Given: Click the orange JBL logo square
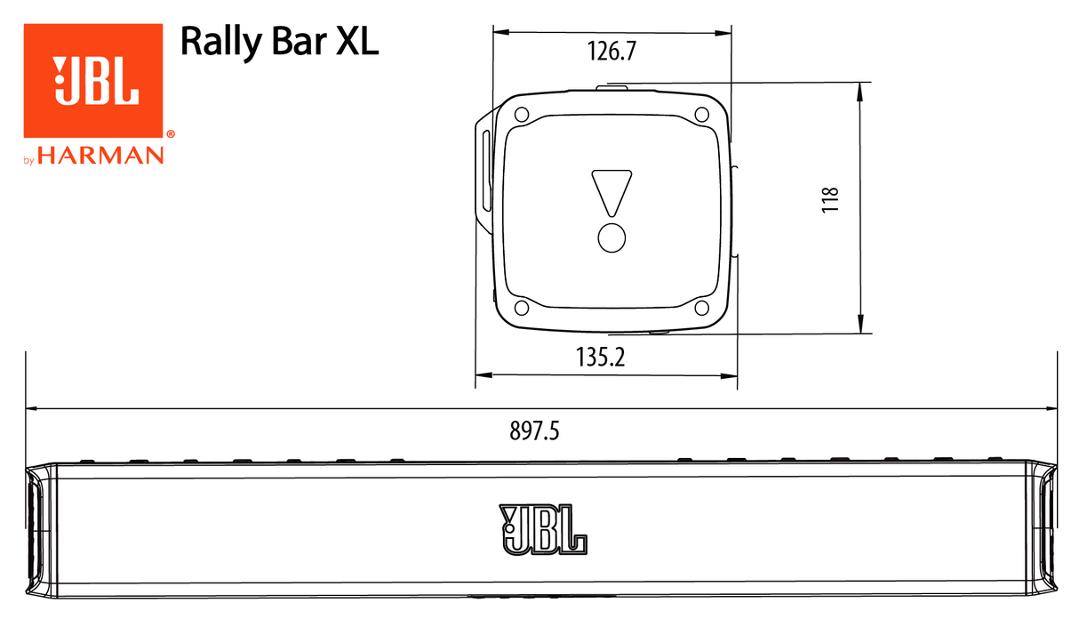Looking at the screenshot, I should pyautogui.click(x=92, y=81).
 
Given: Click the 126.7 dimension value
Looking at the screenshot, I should pyautogui.click(x=611, y=52).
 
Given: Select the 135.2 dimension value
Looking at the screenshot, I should pyautogui.click(x=601, y=358).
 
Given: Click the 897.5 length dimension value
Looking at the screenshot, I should pyautogui.click(x=534, y=431).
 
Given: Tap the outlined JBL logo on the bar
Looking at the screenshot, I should pyautogui.click(x=543, y=530).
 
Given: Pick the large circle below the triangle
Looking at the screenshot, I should pyautogui.click(x=611, y=237).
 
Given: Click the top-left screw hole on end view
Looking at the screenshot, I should pyautogui.click(x=522, y=114).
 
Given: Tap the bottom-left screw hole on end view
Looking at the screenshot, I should pyautogui.click(x=522, y=308).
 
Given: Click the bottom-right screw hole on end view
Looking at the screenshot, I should pyautogui.click(x=701, y=308).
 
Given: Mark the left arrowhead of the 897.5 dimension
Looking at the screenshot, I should pyautogui.click(x=32, y=409).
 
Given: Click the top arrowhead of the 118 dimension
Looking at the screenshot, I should pyautogui.click(x=860, y=89).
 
